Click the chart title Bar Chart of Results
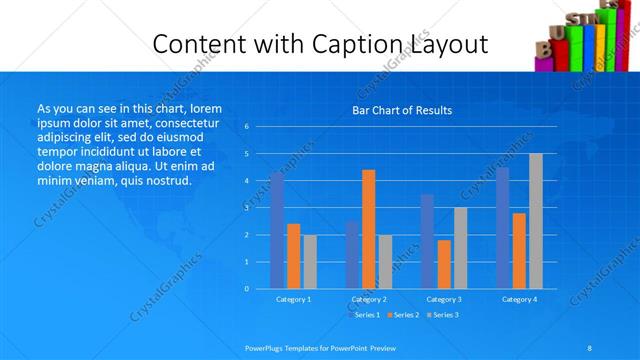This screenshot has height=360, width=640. pyautogui.click(x=402, y=110)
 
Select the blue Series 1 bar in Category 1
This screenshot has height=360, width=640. pyautogui.click(x=277, y=230)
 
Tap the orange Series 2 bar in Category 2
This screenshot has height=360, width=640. pyautogui.click(x=369, y=229)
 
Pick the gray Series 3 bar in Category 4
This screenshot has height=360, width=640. pyautogui.click(x=536, y=221)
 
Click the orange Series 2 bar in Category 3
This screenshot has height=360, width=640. pyautogui.click(x=444, y=264)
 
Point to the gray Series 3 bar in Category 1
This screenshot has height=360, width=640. pyautogui.click(x=310, y=261)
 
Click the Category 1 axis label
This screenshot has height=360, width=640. pyautogui.click(x=293, y=299)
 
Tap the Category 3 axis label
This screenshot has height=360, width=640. pyautogui.click(x=444, y=299)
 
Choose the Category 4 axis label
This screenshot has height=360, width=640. pyautogui.click(x=519, y=299)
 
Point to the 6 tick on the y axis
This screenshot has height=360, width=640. pyautogui.click(x=247, y=127)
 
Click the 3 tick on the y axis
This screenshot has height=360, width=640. pyautogui.click(x=247, y=208)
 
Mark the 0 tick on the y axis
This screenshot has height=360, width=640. pyautogui.click(x=247, y=288)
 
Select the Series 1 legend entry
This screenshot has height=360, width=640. pyautogui.click(x=363, y=315)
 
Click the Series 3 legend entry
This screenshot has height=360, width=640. pyautogui.click(x=444, y=315)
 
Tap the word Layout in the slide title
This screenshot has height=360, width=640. pyautogui.click(x=447, y=44)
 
